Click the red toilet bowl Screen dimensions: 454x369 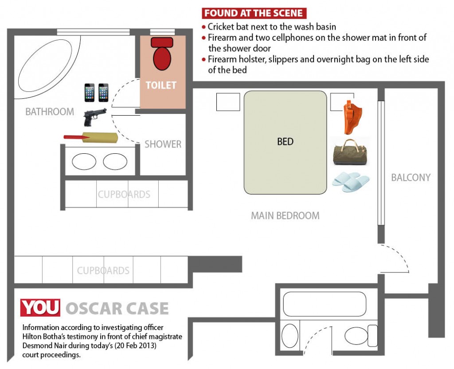162,54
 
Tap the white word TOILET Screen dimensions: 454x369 161,85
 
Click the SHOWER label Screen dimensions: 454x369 163,144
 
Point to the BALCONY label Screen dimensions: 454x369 411,177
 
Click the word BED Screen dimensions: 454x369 285,141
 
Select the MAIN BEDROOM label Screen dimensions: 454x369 285,215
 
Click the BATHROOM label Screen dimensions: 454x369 50,112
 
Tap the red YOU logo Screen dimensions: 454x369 40,307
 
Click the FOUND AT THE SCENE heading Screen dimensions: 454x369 254,13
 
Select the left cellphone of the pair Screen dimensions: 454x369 90,93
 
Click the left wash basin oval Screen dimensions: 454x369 84,161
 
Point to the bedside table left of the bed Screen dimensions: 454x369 228,102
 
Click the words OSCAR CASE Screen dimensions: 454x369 117,308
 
